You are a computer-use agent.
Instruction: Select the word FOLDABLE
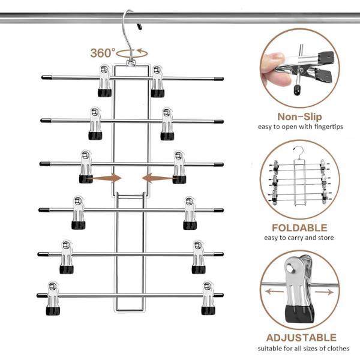pyautogui.click(x=299, y=228)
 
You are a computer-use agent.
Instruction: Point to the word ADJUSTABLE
pyautogui.click(x=301, y=338)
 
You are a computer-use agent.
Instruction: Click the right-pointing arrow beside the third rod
pyautogui.click(x=107, y=178)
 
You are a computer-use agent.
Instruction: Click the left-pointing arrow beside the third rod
pyautogui.click(x=157, y=178)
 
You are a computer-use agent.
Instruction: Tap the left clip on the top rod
pyautogui.click(x=105, y=81)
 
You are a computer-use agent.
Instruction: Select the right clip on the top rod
pyautogui.click(x=157, y=81)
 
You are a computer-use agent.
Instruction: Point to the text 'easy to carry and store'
pyautogui.click(x=300, y=238)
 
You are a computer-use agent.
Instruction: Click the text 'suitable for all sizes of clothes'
pyautogui.click(x=304, y=349)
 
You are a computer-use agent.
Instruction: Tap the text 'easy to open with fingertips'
pyautogui.click(x=300, y=127)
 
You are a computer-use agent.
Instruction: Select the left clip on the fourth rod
pyautogui.click(x=78, y=212)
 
